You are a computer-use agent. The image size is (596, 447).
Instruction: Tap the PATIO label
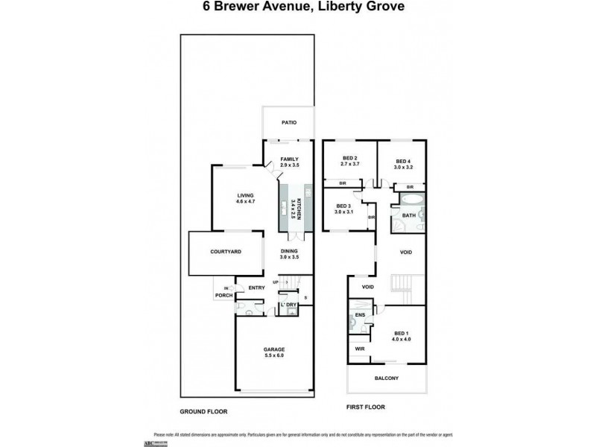pyautogui.click(x=289, y=124)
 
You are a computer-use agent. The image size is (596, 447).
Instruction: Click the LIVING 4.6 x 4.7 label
pyautogui.click(x=235, y=199)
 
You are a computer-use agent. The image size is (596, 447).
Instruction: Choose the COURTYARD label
pyautogui.click(x=225, y=253)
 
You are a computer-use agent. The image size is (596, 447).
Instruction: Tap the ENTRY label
pyautogui.click(x=256, y=288)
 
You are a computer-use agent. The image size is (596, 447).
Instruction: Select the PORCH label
pyautogui.click(x=223, y=296)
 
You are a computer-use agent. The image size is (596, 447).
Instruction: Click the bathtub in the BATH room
pyautogui.click(x=408, y=200)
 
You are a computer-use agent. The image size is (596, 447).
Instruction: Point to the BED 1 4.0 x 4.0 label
pyautogui.click(x=402, y=336)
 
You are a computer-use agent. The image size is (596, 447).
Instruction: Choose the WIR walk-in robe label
pyautogui.click(x=360, y=348)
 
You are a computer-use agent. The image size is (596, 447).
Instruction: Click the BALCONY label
pyautogui.click(x=386, y=378)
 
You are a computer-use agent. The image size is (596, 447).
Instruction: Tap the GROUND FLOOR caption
pyautogui.click(x=203, y=411)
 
